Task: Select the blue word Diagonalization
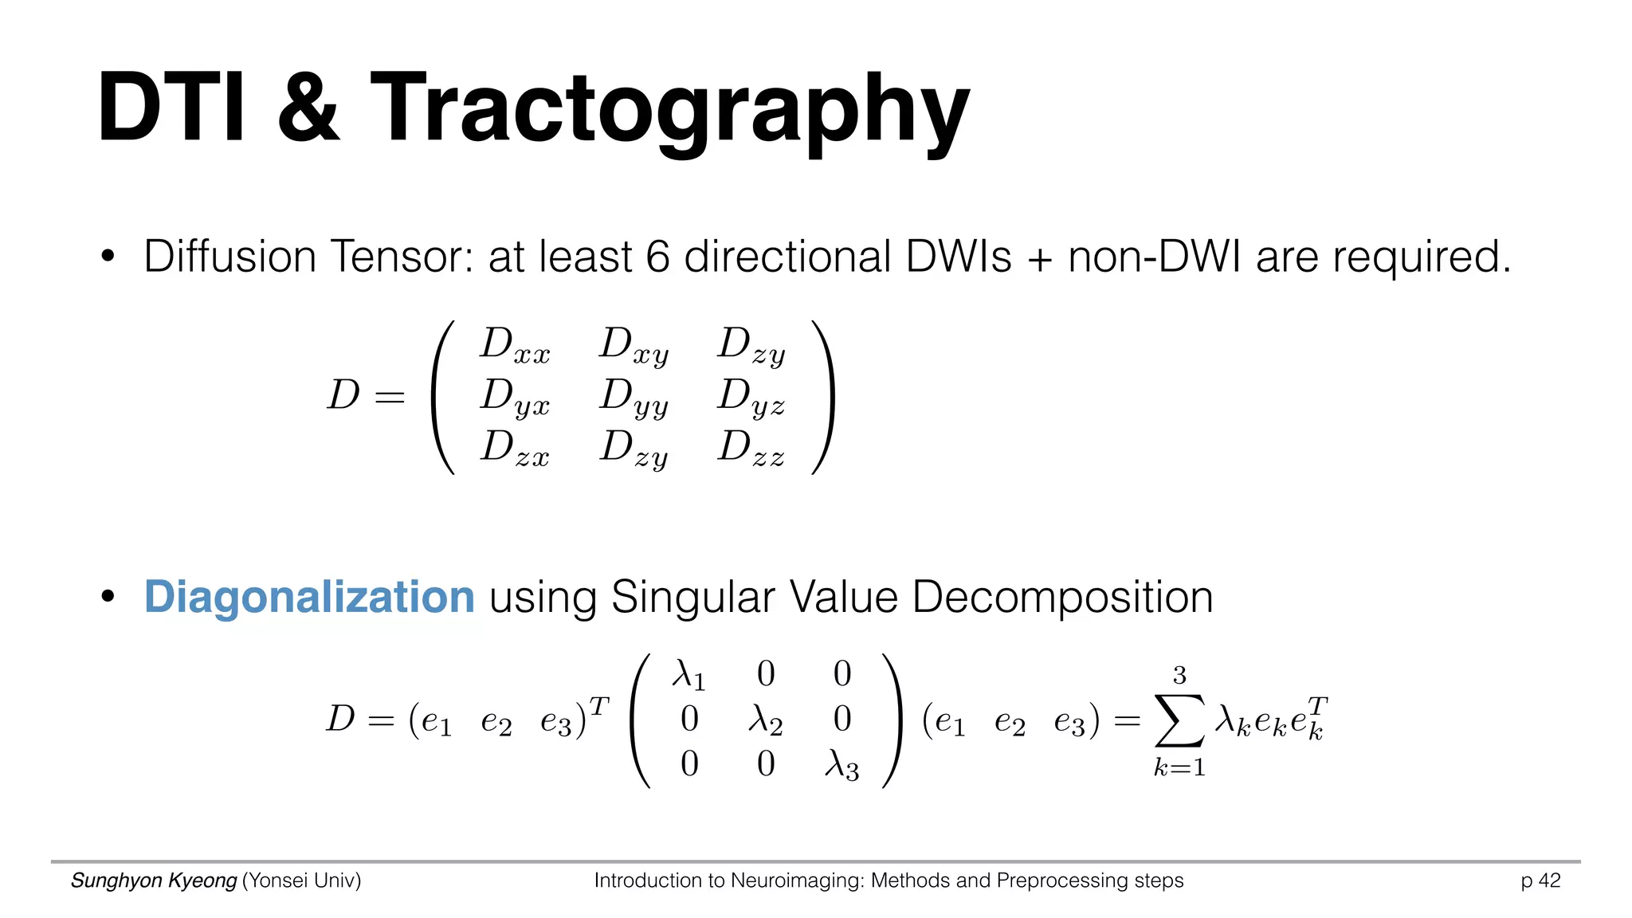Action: [x=309, y=597]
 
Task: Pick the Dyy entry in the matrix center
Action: [x=634, y=397]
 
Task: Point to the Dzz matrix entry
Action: [x=751, y=448]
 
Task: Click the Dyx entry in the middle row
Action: [x=515, y=397]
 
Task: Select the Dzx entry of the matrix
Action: [x=515, y=448]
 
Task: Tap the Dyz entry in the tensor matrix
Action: [x=751, y=397]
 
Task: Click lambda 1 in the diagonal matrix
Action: [x=688, y=676]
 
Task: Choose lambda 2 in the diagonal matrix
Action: [x=765, y=720]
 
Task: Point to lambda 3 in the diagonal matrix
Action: [x=841, y=766]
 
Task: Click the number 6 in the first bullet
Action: [x=657, y=257]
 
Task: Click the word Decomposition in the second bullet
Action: [x=1062, y=597]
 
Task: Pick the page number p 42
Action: [x=1540, y=881]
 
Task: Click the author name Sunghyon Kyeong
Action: [x=154, y=881]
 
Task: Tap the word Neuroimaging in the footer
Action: [x=796, y=881]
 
